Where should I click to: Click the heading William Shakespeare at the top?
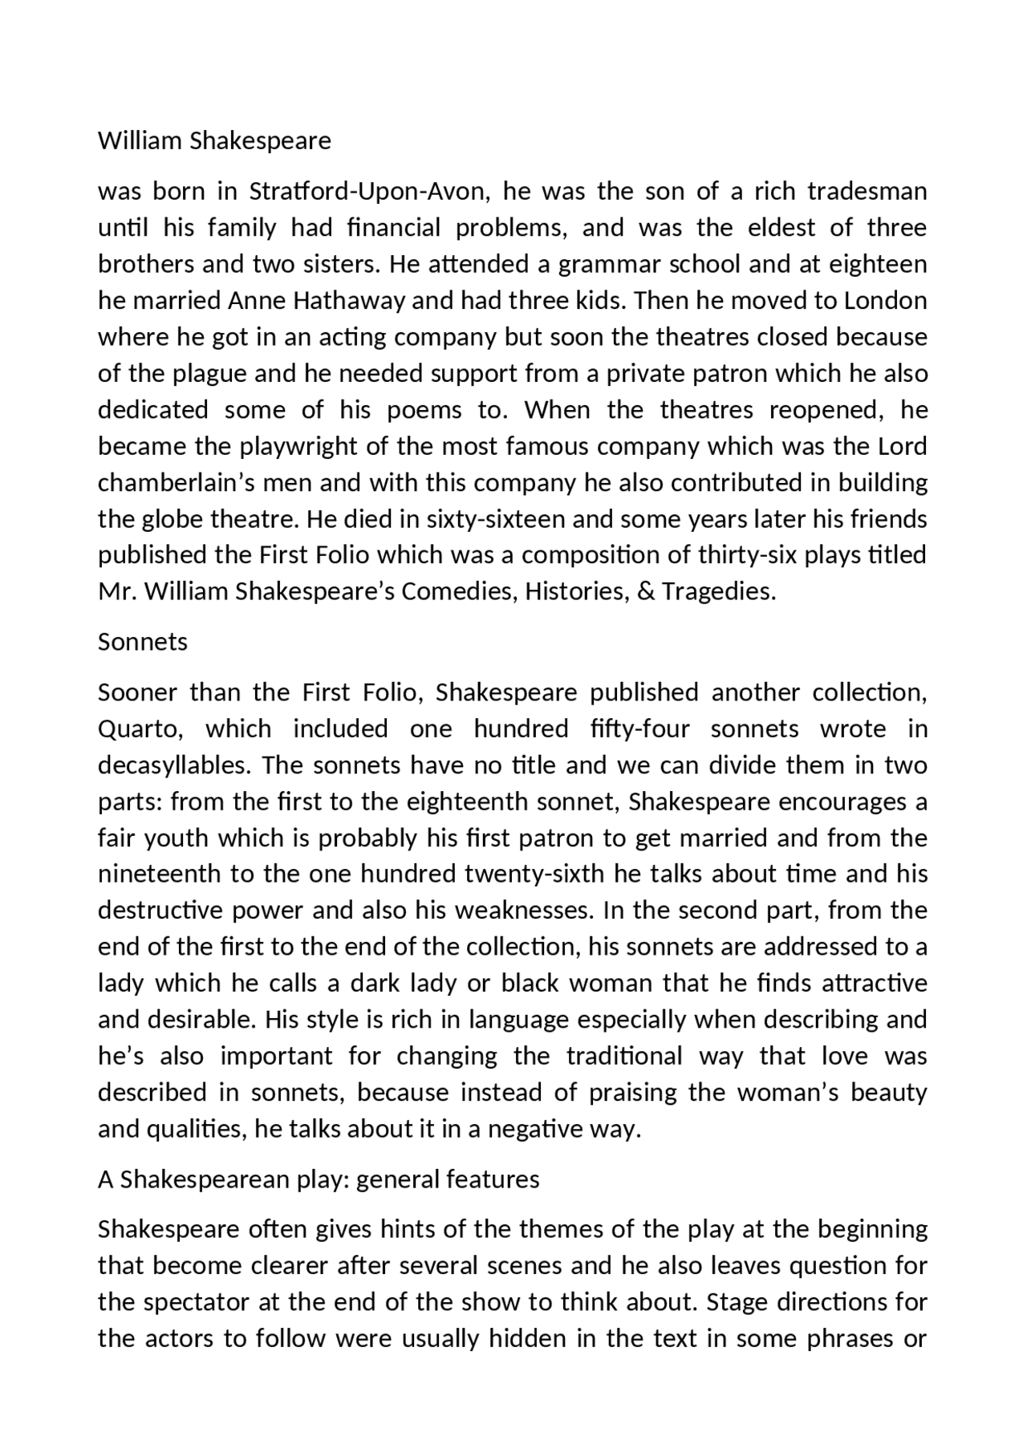[214, 140]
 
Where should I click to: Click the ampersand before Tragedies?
[647, 592]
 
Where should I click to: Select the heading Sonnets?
[142, 642]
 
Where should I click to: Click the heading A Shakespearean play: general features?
[319, 1179]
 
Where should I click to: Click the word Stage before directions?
[737, 1302]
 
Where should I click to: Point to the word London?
[885, 301]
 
